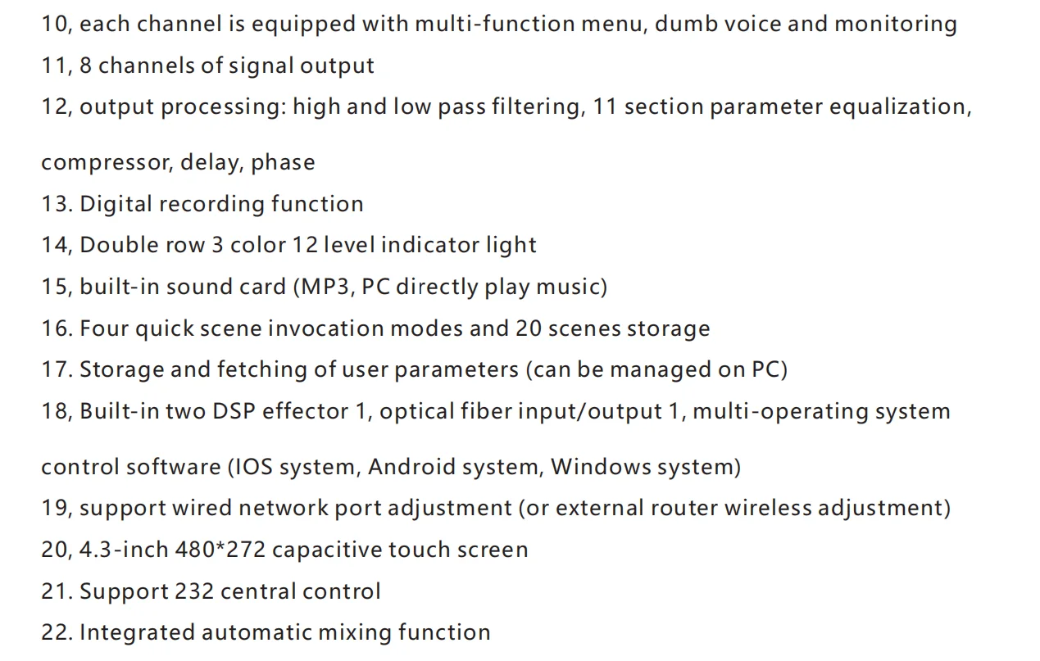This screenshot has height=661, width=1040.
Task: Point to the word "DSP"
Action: (x=234, y=410)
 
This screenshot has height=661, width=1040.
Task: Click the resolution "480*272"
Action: (x=220, y=550)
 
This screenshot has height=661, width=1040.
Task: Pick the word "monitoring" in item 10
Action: (x=895, y=24)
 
